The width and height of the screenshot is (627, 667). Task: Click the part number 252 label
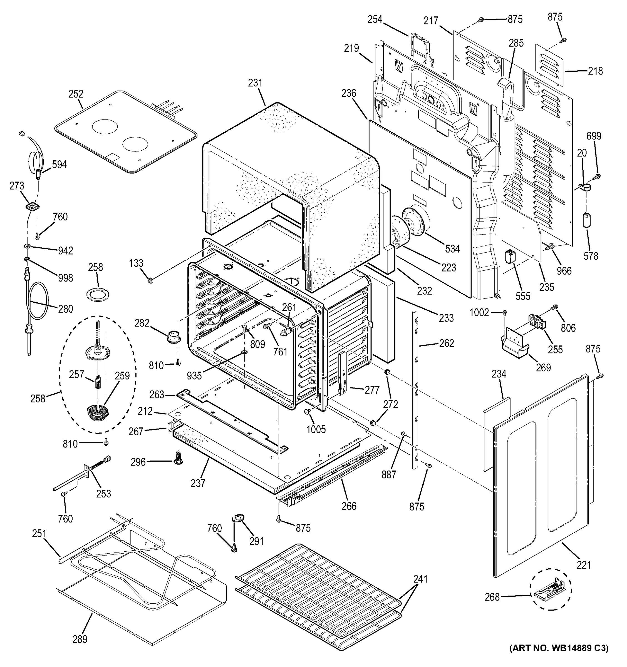coord(76,94)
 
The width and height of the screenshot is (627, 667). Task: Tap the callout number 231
coord(255,83)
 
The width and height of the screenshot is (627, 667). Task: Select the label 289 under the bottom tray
coord(80,639)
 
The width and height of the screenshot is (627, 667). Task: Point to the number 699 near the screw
coord(594,136)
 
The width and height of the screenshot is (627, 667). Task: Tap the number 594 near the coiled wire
coord(59,165)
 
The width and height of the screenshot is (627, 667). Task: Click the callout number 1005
coord(316,429)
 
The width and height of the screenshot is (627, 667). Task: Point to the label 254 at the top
coord(375,19)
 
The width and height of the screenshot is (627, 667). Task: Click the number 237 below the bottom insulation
coord(198,483)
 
